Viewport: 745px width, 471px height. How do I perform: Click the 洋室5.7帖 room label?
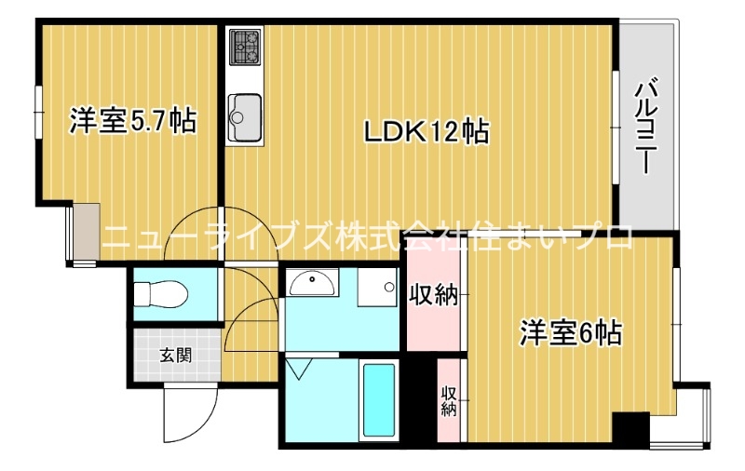(132, 121)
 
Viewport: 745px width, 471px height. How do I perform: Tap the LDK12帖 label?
(427, 131)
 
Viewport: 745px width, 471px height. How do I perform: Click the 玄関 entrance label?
(176, 356)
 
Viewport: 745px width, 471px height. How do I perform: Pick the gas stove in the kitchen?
(245, 47)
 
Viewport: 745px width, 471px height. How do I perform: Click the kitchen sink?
(245, 117)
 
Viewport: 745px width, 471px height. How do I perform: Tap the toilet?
(158, 294)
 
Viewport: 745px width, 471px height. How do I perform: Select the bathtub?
(379, 399)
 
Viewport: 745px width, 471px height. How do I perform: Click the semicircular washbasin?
(313, 284)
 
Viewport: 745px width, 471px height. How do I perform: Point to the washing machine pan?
(377, 287)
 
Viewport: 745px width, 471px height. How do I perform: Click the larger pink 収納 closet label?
(434, 295)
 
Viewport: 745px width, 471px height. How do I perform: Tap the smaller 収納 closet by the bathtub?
(449, 401)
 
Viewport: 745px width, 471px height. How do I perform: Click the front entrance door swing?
(190, 414)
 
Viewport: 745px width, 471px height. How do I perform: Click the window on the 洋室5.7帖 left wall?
(38, 113)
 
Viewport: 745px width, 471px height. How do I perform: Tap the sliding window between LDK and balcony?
(616, 127)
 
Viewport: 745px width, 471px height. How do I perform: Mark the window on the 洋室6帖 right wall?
(676, 324)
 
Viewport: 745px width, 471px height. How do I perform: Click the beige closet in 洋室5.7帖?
(87, 232)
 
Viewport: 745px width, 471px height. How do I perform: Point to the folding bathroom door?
(299, 368)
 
